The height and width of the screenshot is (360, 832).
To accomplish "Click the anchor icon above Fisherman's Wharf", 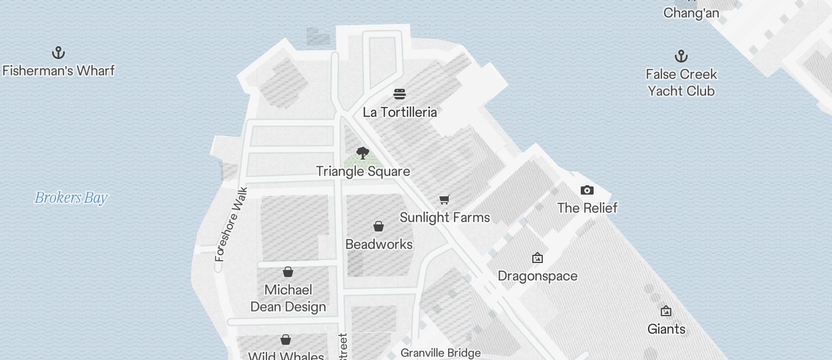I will click(58, 53).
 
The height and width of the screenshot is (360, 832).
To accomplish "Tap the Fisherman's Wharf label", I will click(58, 71).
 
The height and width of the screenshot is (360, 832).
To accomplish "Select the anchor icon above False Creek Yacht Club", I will click(681, 57).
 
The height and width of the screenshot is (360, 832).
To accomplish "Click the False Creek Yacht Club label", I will click(681, 82).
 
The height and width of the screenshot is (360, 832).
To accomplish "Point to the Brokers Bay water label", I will click(71, 198).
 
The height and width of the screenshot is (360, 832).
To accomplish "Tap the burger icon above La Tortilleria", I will click(400, 94).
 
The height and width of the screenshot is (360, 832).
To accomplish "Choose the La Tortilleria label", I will click(400, 112).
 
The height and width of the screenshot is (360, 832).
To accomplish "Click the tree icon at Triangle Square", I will click(363, 153).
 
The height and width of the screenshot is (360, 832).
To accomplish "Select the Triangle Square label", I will click(363, 171).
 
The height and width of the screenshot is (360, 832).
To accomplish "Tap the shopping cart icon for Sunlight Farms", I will click(445, 199).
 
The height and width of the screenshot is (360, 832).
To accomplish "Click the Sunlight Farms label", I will click(445, 217).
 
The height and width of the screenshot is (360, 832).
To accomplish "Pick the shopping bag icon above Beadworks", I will click(379, 226).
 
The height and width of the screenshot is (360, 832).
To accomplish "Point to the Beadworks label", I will click(379, 244).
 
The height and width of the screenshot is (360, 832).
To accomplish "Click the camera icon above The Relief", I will click(587, 190).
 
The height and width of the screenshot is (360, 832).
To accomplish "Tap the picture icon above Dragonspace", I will click(538, 258).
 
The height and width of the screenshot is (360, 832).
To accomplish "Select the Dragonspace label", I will click(538, 276).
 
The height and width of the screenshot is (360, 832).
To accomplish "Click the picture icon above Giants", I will click(666, 311).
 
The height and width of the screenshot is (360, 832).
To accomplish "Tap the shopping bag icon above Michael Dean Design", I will click(288, 272).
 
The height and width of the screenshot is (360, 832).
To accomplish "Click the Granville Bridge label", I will click(441, 353).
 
